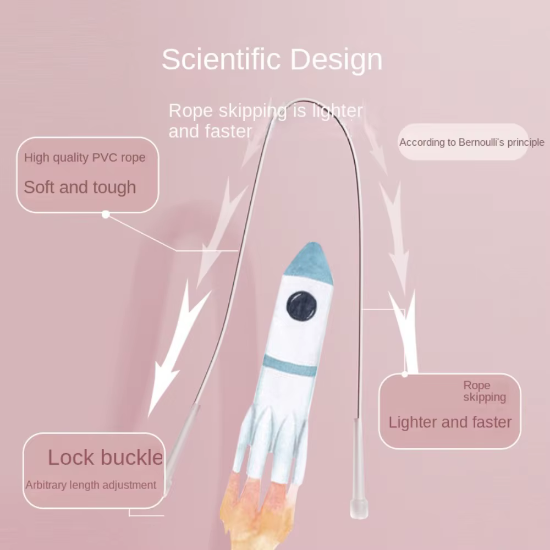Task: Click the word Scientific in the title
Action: tap(221, 59)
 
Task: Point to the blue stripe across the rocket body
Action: tap(290, 366)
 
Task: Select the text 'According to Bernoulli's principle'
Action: tap(472, 142)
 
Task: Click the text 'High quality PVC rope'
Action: tap(85, 157)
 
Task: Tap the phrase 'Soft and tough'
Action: tap(80, 187)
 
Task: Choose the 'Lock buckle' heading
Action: tap(105, 457)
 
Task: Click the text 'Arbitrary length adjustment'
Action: tap(91, 485)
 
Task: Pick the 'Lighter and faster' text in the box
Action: tap(450, 422)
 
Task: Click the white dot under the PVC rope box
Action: tap(106, 215)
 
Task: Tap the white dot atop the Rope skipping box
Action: tap(404, 374)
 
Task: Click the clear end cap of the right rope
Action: tap(359, 509)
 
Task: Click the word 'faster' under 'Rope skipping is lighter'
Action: tap(228, 131)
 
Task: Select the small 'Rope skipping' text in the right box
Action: tap(485, 391)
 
